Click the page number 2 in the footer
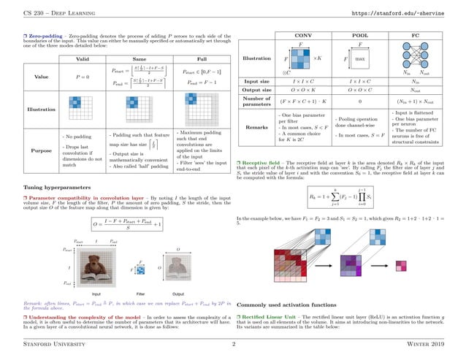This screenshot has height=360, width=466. coord(233,342)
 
